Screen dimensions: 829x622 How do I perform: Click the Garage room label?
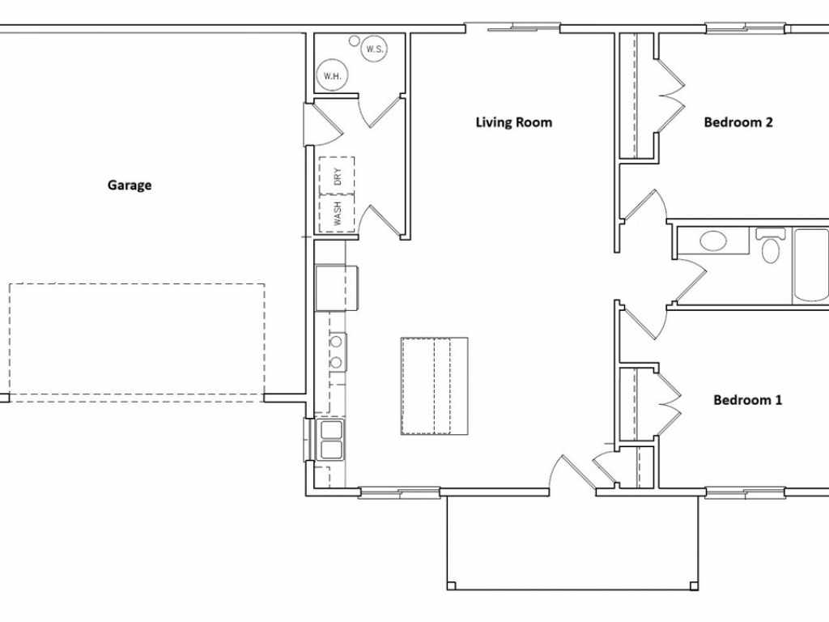[130, 185]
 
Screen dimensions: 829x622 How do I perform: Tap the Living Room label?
[514, 122]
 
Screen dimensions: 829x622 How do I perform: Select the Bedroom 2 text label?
[738, 122]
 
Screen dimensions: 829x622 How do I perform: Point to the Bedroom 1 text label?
[747, 400]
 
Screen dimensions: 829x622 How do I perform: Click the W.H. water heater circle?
[332, 75]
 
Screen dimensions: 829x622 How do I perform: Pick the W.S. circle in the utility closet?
[374, 49]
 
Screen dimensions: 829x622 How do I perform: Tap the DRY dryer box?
[338, 176]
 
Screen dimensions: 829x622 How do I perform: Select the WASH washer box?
[338, 214]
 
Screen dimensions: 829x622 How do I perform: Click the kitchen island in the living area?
[435, 386]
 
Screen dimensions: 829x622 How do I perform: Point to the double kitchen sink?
[331, 440]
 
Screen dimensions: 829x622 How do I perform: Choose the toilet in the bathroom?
[771, 245]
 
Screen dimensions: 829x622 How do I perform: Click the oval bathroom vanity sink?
[713, 241]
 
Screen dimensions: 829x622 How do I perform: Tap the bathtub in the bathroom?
[810, 266]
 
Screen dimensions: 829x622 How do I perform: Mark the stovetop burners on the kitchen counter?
[337, 351]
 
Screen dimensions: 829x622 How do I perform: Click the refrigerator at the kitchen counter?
[338, 288]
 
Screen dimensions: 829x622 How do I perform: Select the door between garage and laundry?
[323, 124]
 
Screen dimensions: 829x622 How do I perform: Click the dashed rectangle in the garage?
[137, 343]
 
